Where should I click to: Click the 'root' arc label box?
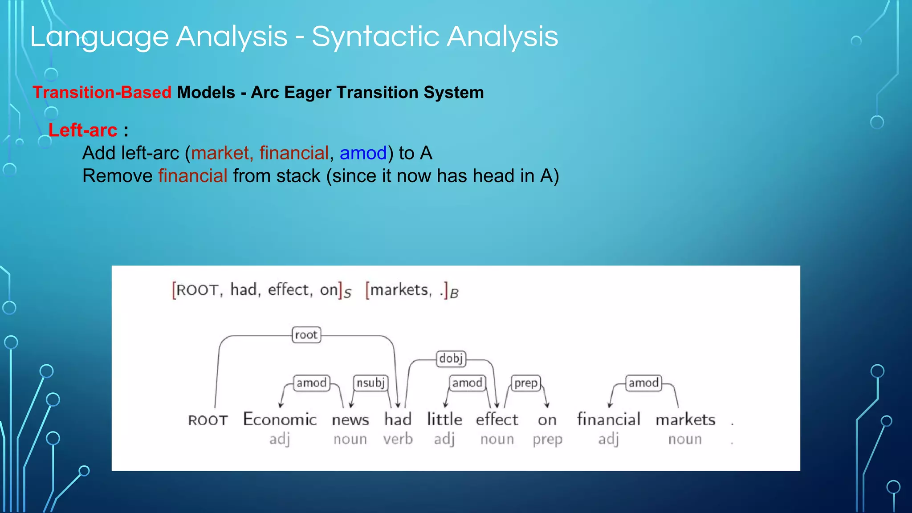click(306, 335)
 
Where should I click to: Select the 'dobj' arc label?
click(451, 358)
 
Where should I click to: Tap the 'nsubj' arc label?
click(370, 383)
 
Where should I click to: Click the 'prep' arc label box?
click(526, 383)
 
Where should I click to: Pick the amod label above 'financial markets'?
click(643, 383)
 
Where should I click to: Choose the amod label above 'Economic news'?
click(311, 383)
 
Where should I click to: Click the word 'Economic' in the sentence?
click(280, 419)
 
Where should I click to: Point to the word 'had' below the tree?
click(398, 419)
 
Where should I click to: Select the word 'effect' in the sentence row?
click(497, 419)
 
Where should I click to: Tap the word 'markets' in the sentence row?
click(685, 419)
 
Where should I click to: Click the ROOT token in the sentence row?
click(208, 420)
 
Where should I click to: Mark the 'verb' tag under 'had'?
click(398, 440)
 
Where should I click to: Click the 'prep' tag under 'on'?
click(547, 440)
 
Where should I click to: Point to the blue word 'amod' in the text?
click(363, 153)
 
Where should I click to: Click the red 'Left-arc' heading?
click(83, 130)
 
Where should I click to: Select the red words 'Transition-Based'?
click(102, 93)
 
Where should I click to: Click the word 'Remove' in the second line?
click(118, 176)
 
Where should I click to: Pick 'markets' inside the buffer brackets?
click(399, 290)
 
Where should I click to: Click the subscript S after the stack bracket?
click(348, 293)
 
